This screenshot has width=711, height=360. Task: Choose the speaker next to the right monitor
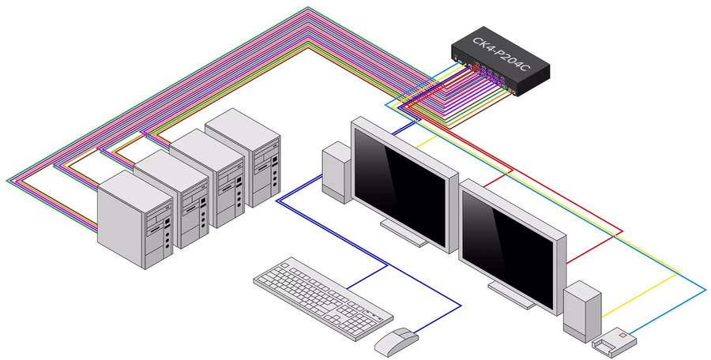click(x=581, y=309)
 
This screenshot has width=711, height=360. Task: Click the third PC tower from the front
click(x=208, y=177)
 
